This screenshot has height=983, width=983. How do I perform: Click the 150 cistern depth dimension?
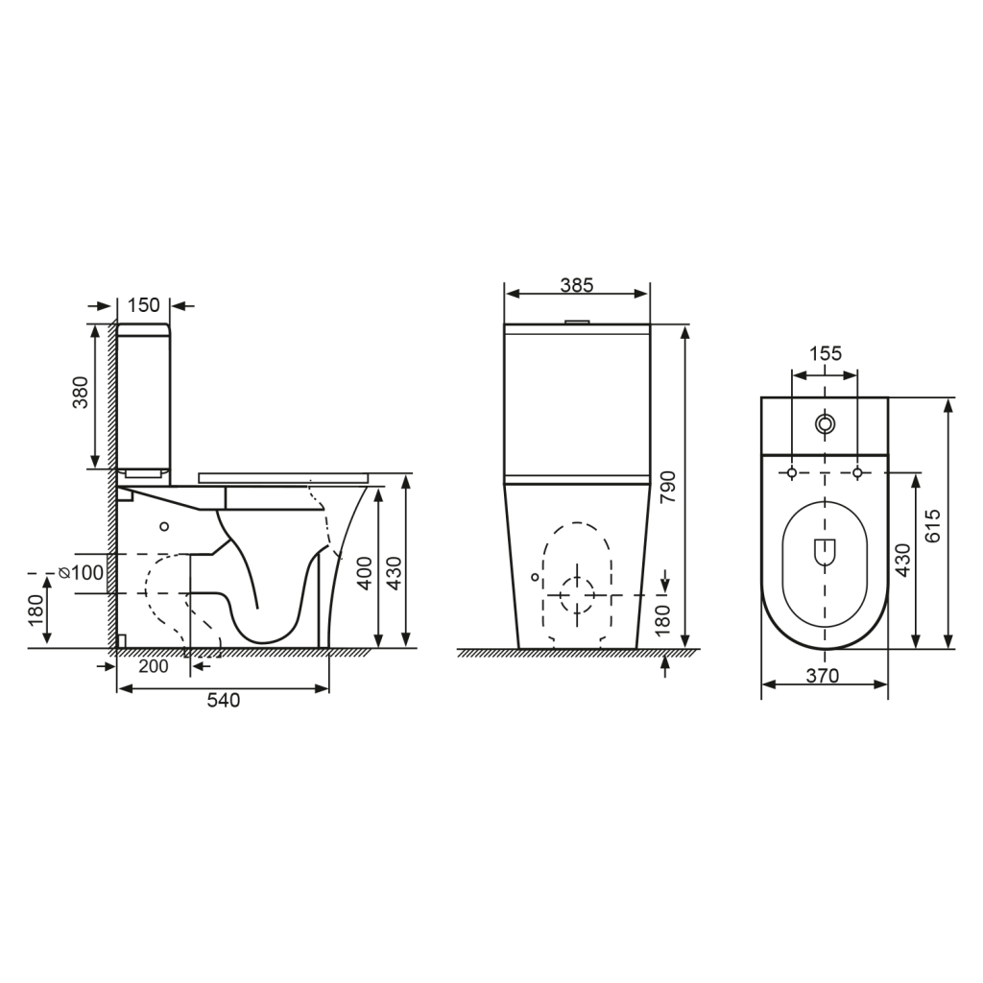(x=143, y=305)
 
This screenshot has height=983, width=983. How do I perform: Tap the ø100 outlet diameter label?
(x=82, y=573)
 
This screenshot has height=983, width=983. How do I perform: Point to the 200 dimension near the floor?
(x=154, y=665)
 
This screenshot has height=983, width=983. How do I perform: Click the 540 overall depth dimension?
(x=223, y=701)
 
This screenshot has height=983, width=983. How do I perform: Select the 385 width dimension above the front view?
(x=577, y=285)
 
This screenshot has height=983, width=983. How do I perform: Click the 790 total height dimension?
(x=669, y=487)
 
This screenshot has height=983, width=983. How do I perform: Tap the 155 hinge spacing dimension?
(x=825, y=353)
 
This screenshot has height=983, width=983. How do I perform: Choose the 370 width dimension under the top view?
(x=823, y=676)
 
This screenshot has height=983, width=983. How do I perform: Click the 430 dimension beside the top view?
(x=902, y=560)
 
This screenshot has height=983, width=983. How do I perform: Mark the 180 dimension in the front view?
(x=662, y=620)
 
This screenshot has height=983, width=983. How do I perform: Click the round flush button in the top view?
(x=825, y=423)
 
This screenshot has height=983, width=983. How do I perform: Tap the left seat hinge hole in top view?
(x=792, y=472)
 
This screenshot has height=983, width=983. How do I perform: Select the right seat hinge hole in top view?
(x=858, y=472)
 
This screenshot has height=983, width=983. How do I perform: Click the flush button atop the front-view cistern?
(x=577, y=322)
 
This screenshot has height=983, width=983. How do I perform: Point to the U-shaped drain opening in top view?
(x=825, y=552)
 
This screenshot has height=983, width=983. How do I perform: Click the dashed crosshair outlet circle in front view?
(x=577, y=595)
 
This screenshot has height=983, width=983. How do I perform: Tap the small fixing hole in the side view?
(x=164, y=526)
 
